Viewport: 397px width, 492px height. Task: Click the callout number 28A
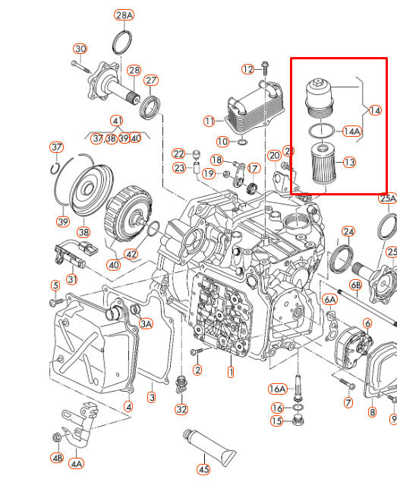(x=124, y=15)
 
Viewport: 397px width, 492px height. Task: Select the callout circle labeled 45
(x=203, y=469)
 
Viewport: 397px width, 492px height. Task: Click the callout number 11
(x=209, y=121)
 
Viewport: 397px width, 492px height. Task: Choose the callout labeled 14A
(x=351, y=131)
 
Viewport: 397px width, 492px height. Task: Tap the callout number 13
(x=349, y=162)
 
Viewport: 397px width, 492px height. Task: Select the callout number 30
(x=80, y=49)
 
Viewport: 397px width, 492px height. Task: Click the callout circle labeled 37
(x=56, y=147)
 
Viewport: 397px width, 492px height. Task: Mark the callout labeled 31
(x=72, y=279)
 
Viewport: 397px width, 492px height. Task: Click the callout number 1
(x=231, y=373)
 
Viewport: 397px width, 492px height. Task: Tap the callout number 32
(x=181, y=409)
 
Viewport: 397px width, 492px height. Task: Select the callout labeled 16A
(x=278, y=389)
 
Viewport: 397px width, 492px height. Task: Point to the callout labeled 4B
(x=57, y=458)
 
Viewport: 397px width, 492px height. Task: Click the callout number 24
(x=348, y=231)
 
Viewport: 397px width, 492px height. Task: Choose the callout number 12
(x=248, y=69)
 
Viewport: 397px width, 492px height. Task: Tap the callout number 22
(x=178, y=154)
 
